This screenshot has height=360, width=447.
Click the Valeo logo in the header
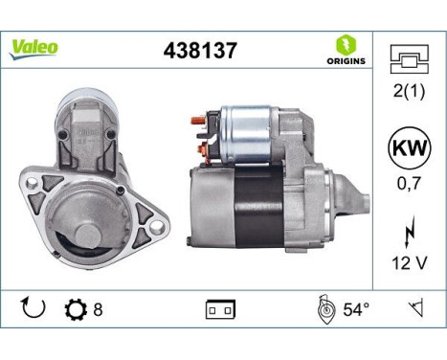tap(34, 47)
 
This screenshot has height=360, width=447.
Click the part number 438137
tap(194, 50)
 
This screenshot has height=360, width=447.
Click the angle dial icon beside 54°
tap(323, 308)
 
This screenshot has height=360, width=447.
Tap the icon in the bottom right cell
tap(415, 308)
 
